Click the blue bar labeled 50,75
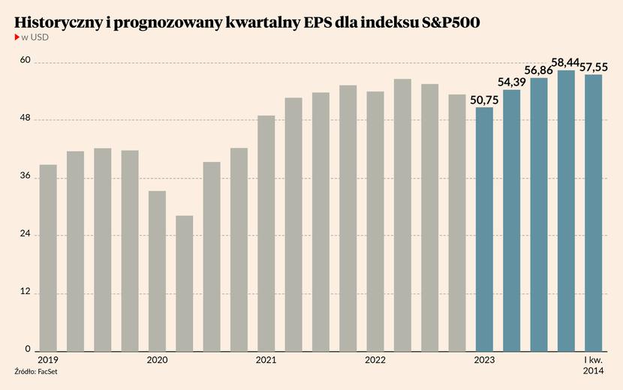coord(485,229)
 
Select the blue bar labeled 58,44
coord(566,211)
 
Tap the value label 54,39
coord(512,82)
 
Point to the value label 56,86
coord(539,70)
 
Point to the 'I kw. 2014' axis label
coord(593,365)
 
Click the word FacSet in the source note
coord(49,373)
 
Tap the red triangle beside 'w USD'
coord(17,37)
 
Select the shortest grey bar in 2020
coord(184,283)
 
